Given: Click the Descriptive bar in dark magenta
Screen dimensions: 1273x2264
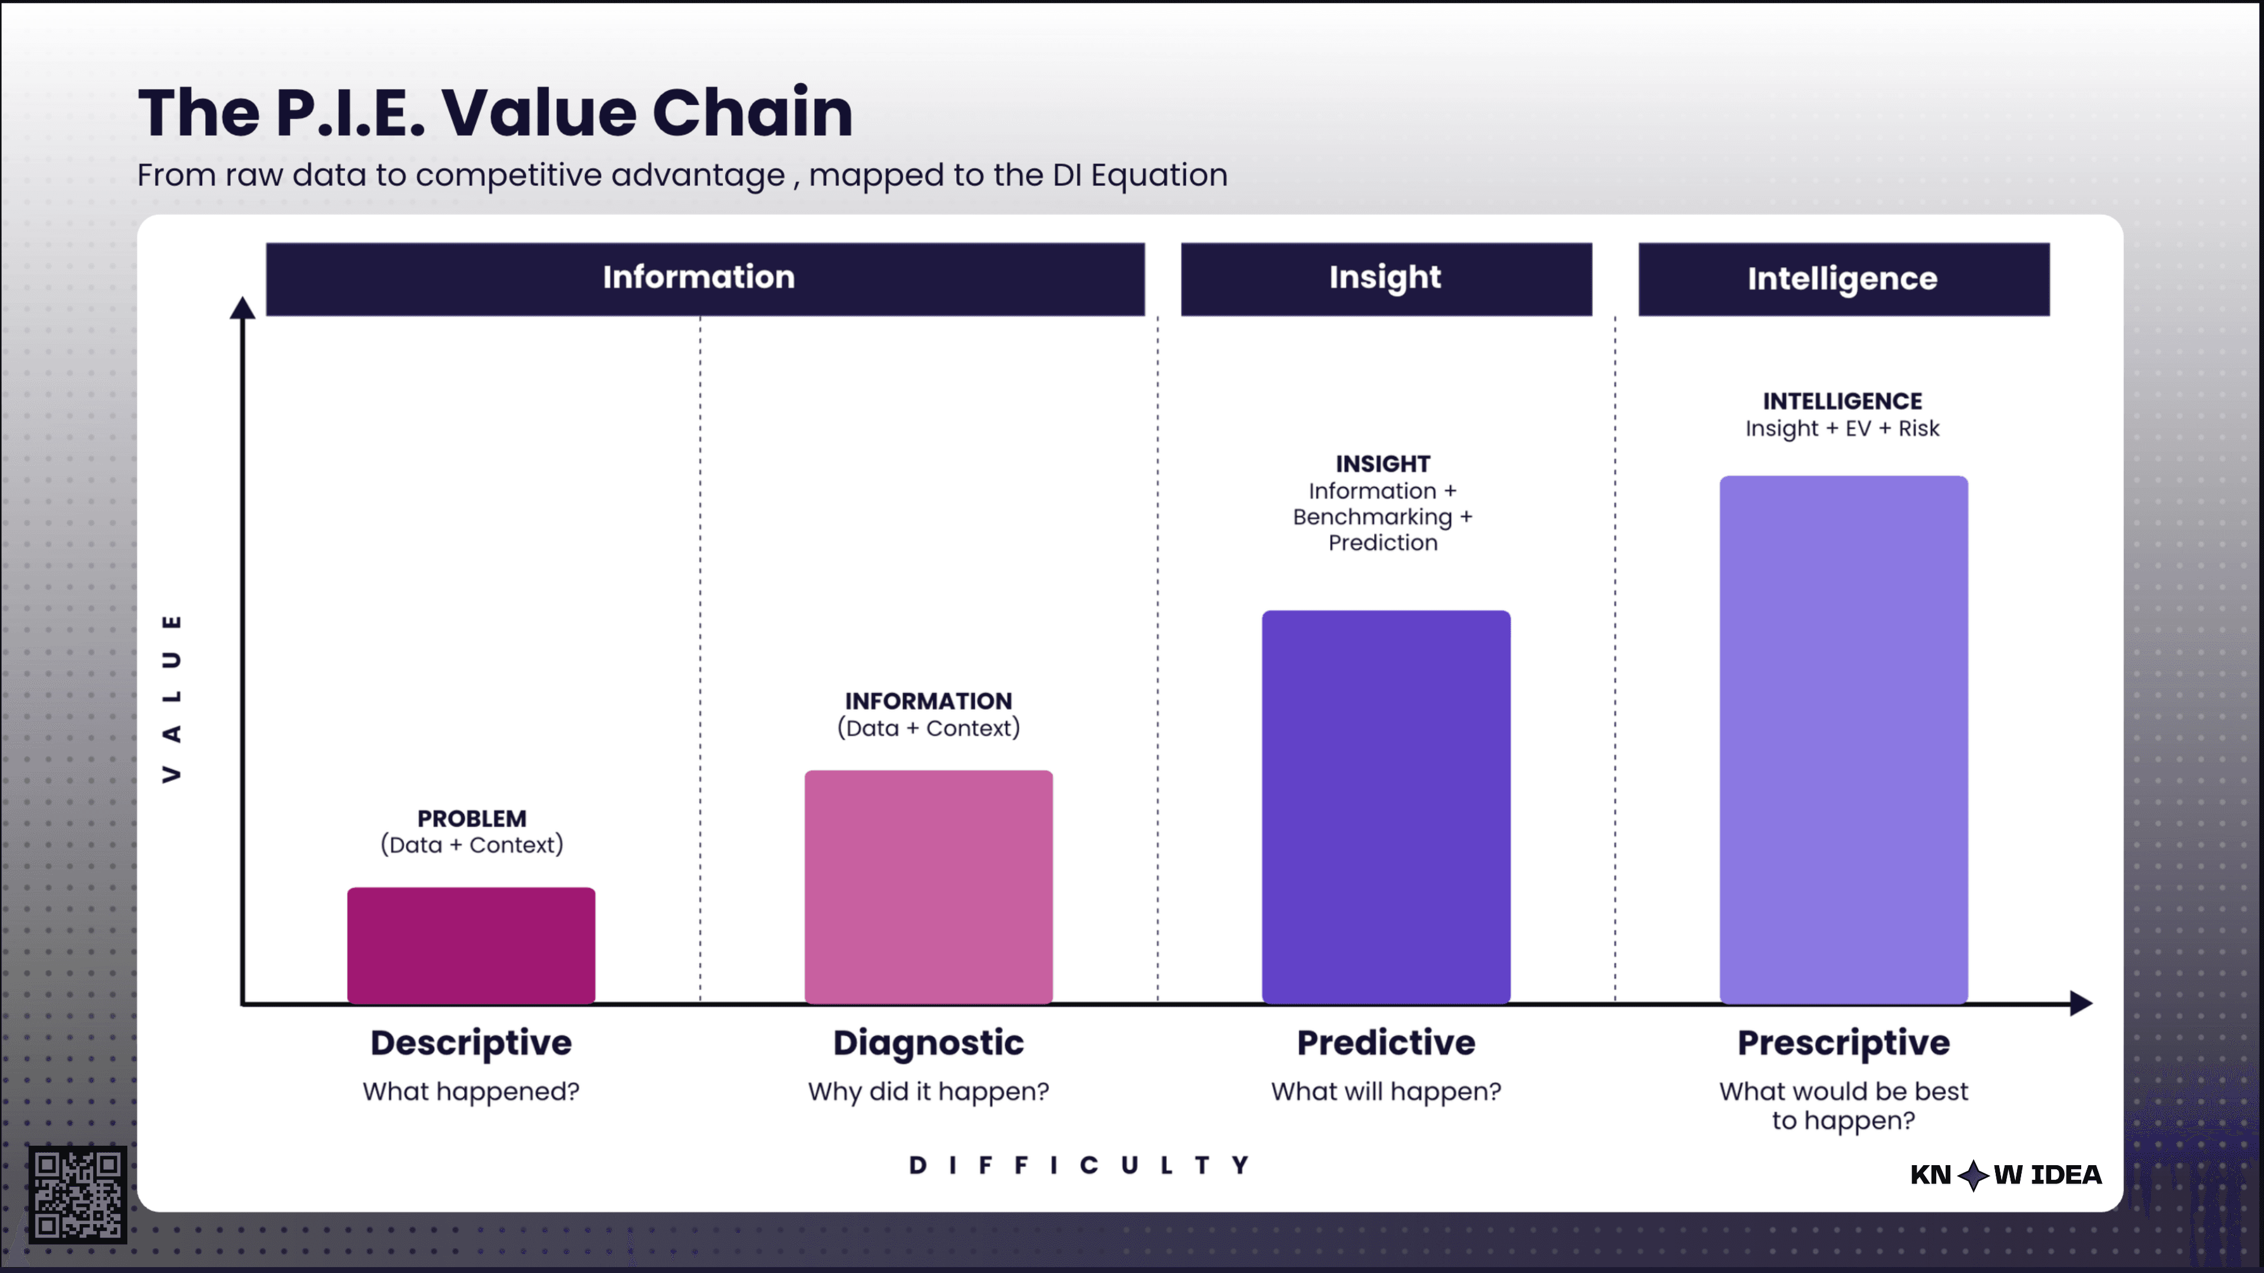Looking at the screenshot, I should (471, 945).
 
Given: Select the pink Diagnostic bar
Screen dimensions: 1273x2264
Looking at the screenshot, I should (928, 888).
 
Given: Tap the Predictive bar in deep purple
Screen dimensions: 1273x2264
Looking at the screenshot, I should (1386, 806).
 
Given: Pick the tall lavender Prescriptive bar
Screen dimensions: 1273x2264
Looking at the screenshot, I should (1843, 740).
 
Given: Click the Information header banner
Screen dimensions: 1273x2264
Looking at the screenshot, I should (705, 279).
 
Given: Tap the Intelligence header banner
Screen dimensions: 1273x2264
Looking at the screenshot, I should (1843, 279).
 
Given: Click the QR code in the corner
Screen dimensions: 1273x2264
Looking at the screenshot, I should (77, 1194).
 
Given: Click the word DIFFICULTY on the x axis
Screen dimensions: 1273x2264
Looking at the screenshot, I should (1080, 1166).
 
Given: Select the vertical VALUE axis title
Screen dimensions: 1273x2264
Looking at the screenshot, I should (172, 698).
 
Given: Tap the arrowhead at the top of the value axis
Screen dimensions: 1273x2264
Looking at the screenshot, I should (242, 308).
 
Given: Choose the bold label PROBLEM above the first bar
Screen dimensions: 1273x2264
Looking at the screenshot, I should (472, 819).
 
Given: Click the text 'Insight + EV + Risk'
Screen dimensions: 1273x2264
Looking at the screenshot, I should (1842, 428).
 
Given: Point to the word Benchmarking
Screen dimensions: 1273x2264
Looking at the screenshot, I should (1372, 517).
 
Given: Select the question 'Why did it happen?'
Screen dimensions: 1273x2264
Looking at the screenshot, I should (928, 1091).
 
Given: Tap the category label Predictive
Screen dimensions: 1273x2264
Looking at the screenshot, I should (1386, 1043).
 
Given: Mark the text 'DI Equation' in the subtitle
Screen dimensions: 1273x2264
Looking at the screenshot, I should (1139, 175).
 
